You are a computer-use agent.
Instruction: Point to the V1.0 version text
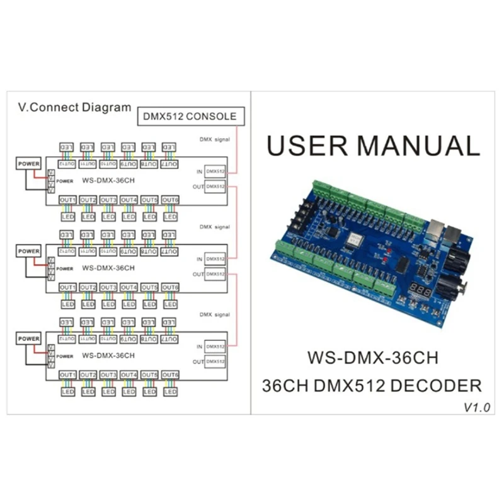coord(476,408)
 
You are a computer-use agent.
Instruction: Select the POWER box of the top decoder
coord(29,164)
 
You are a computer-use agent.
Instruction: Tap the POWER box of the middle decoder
coord(29,251)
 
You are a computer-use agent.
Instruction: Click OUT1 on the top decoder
coord(68,200)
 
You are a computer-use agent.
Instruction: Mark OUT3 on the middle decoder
coord(108,287)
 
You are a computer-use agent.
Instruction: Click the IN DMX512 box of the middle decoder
coord(215,259)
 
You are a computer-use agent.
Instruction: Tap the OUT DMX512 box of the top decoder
coord(215,186)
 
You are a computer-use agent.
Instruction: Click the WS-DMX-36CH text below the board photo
coord(372,358)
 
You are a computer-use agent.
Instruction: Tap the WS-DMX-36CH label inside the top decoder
coord(108,180)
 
